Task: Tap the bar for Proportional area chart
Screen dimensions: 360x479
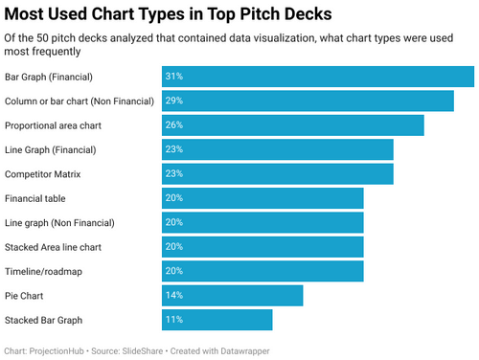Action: click(293, 125)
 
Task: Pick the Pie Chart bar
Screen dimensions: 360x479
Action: click(233, 296)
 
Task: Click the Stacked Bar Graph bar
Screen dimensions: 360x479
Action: click(217, 320)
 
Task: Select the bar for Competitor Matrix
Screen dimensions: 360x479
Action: click(278, 174)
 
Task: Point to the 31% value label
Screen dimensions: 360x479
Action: click(173, 77)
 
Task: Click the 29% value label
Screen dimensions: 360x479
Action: click(173, 101)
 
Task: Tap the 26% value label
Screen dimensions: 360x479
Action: click(173, 125)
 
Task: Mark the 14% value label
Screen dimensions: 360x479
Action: click(173, 296)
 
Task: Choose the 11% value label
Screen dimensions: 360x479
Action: click(173, 320)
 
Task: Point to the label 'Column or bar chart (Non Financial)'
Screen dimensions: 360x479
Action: click(80, 101)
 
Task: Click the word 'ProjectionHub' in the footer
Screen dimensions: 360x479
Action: click(57, 350)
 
